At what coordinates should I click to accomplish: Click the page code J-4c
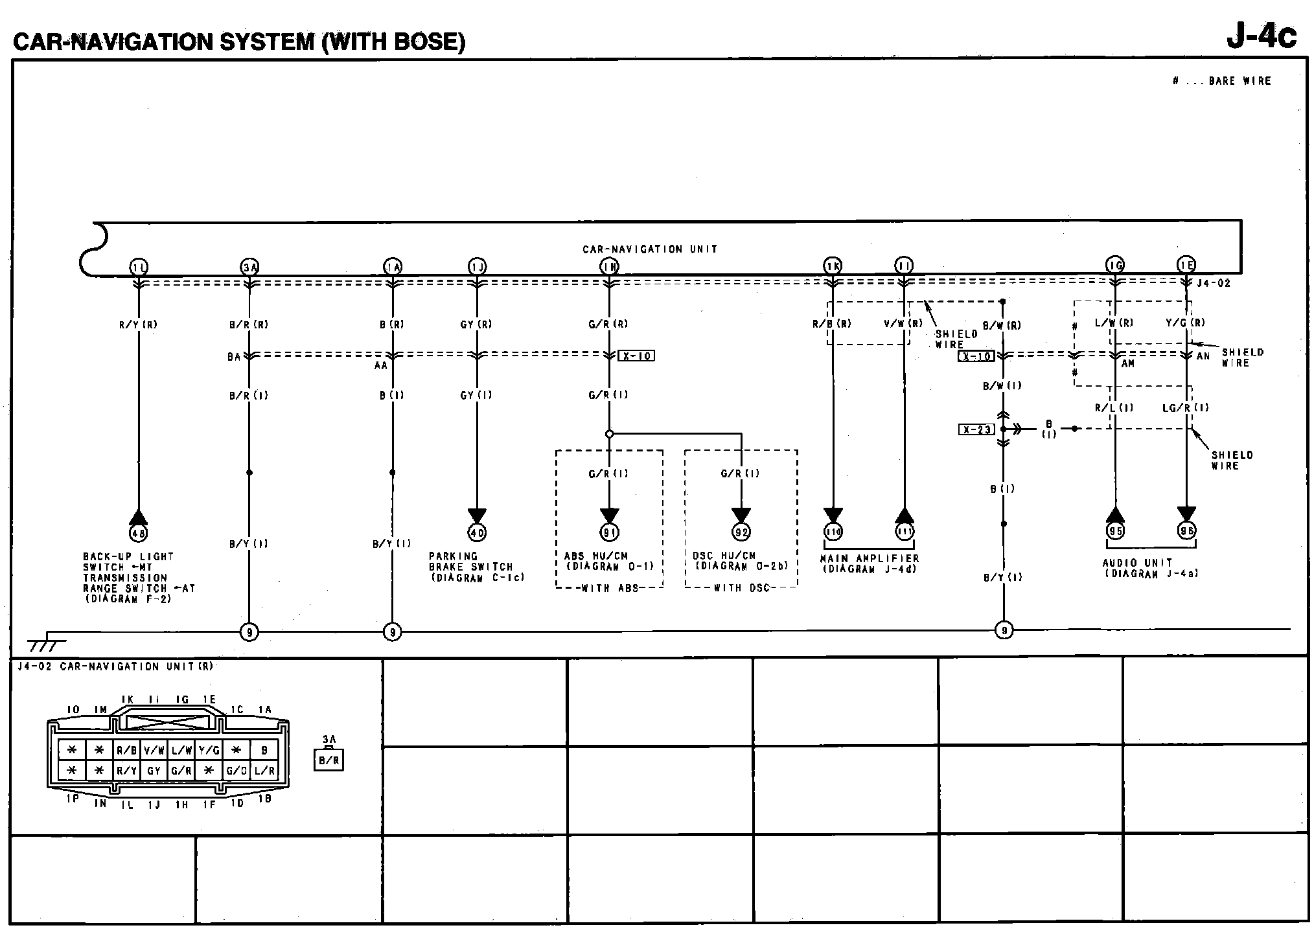point(1261,37)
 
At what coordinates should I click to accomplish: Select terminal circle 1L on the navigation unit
point(139,267)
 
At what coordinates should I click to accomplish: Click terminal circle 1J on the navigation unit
point(477,267)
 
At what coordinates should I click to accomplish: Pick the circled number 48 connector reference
point(139,533)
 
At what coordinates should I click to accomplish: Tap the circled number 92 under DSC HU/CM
point(741,532)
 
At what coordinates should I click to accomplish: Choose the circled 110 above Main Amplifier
point(833,532)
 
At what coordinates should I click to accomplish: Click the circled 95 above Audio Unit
point(1114,531)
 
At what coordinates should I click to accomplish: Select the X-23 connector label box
point(976,429)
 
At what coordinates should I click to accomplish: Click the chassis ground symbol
point(47,644)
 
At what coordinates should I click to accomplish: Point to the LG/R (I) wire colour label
point(1185,408)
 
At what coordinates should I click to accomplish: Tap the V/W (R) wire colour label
point(903,323)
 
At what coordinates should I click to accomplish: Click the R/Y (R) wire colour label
point(137,324)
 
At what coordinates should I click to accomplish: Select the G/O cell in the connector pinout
point(236,771)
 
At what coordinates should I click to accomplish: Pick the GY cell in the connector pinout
point(154,771)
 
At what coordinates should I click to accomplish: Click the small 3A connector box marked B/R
point(328,760)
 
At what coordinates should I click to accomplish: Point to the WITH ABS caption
point(609,588)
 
